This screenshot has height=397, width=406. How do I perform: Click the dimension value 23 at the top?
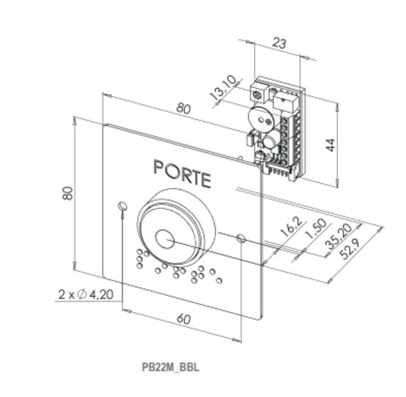pyautogui.click(x=279, y=43)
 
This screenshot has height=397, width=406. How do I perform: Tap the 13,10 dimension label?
pyautogui.click(x=223, y=88)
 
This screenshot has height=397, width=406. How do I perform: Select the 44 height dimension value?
pyautogui.click(x=330, y=145)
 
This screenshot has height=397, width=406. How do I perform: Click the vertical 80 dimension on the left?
pyautogui.click(x=68, y=193)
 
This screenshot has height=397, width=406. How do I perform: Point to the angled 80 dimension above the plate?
pyautogui.click(x=184, y=108)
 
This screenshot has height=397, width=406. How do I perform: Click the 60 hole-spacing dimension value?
pyautogui.click(x=184, y=319)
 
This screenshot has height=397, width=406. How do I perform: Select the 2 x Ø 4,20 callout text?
pyautogui.click(x=86, y=294)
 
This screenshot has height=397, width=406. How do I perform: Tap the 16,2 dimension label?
pyautogui.click(x=292, y=227)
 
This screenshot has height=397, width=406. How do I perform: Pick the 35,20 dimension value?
pyautogui.click(x=339, y=237)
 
